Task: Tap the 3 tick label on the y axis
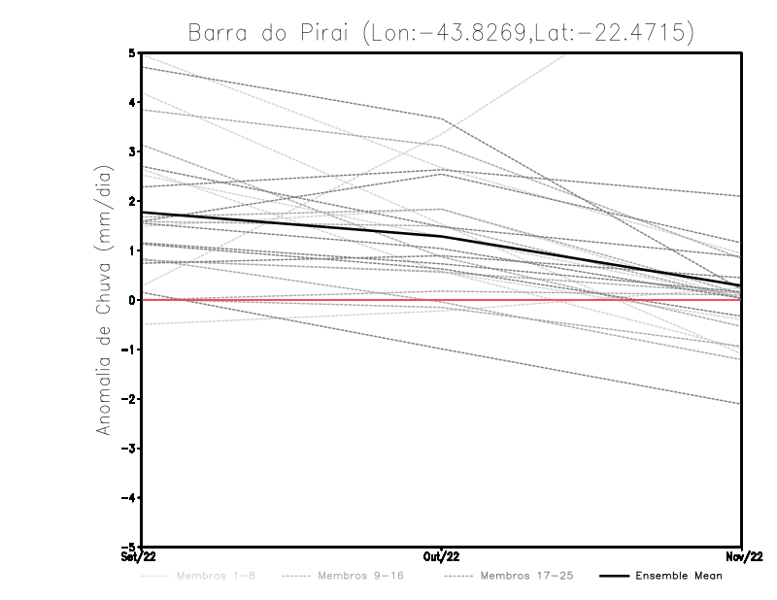132,151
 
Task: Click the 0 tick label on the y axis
132,300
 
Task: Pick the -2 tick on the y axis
130,399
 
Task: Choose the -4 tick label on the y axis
130,498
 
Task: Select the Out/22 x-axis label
442,557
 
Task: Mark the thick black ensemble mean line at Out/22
442,236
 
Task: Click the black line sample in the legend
614,576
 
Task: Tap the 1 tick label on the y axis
132,250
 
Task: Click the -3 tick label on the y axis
130,449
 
